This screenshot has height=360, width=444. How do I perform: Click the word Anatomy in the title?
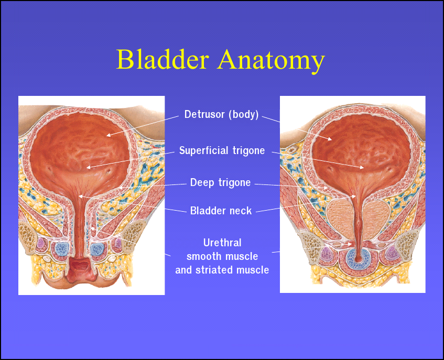click(271, 61)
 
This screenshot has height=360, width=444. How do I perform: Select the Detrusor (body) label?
click(221, 114)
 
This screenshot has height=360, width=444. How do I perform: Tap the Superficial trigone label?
click(222, 150)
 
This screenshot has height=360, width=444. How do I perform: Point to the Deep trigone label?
click(220, 182)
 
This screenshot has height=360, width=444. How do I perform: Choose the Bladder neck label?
click(221, 211)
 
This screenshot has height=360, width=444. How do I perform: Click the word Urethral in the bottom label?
click(222, 243)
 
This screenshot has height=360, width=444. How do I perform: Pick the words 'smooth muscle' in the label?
click(222, 256)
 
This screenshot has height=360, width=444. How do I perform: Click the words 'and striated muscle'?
click(222, 270)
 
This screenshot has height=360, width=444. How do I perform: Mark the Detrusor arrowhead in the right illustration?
click(330, 139)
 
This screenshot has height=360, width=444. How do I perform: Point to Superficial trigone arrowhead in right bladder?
click(362, 168)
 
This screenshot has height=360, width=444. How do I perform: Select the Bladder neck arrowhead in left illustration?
click(80, 196)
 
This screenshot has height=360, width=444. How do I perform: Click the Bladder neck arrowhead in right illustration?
click(354, 196)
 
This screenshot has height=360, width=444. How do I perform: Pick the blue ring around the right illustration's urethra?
click(359, 258)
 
